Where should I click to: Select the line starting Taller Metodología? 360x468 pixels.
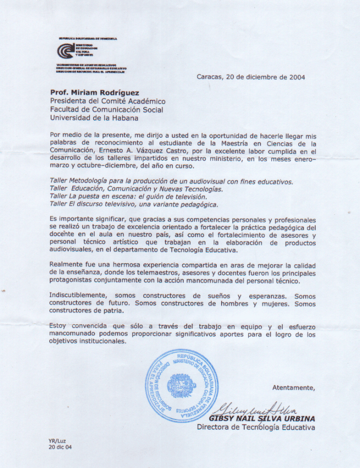[171, 182]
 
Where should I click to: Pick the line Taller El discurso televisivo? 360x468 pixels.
[133, 204]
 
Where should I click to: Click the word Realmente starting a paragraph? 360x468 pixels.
[67, 265]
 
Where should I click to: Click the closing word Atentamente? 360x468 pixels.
[294, 388]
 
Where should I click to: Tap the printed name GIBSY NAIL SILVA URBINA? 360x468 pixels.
[262, 418]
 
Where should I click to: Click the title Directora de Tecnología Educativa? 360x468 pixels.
[256, 427]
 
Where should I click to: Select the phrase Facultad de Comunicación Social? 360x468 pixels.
[106, 110]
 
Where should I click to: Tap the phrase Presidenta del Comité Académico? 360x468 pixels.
[108, 101]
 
